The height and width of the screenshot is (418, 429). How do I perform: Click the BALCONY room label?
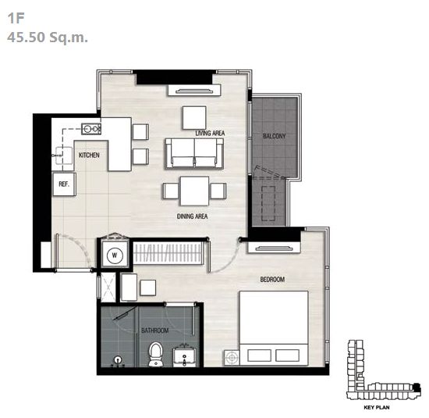(x=274, y=136)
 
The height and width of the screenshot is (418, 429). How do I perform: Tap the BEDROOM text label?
(x=272, y=279)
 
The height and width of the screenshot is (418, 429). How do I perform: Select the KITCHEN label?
(x=89, y=155)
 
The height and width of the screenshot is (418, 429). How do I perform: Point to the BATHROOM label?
(x=154, y=330)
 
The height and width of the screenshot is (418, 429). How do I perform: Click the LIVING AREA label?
(x=210, y=133)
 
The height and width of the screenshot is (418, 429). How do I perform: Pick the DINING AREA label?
(x=192, y=216)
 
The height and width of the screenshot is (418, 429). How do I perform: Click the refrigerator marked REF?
(x=64, y=184)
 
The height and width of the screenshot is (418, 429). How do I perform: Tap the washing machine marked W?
(x=115, y=255)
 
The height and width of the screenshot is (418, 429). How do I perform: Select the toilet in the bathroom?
(x=156, y=354)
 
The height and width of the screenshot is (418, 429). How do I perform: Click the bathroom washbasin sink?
(x=184, y=357)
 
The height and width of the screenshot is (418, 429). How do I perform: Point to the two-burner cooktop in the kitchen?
(x=90, y=129)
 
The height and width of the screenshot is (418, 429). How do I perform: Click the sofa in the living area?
(x=194, y=153)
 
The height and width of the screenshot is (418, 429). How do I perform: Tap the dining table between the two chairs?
(x=194, y=191)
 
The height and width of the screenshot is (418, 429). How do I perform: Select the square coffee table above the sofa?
(x=194, y=118)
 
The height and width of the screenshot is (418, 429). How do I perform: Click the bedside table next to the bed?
(x=232, y=358)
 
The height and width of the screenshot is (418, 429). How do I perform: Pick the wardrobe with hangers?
(x=168, y=252)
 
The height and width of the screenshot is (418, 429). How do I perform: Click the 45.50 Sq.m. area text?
(x=48, y=37)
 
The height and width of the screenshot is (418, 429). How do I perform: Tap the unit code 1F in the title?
(x=16, y=19)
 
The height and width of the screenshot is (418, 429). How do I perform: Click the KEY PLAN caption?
(x=377, y=408)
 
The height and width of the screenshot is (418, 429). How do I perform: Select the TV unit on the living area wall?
(x=194, y=90)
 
